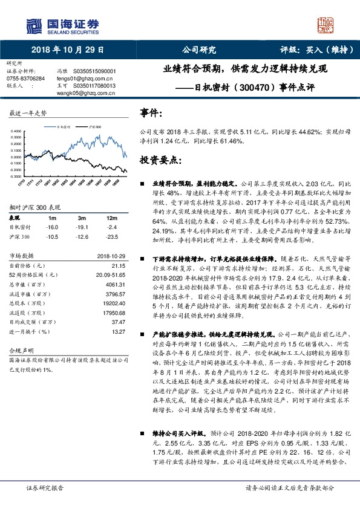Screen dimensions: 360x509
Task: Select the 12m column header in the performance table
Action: tap(111, 218)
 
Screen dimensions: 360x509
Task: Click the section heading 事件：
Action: tap(151, 113)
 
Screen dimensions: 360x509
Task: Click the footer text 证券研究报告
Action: tap(45, 487)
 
